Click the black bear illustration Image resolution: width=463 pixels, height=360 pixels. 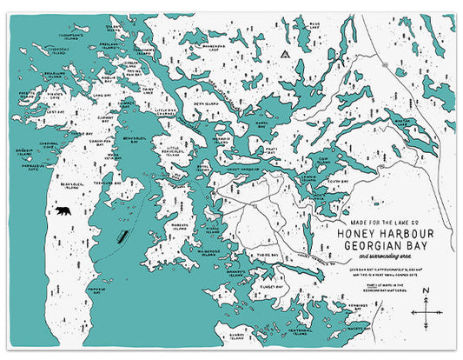64,211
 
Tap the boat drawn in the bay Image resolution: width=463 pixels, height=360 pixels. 122,236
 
